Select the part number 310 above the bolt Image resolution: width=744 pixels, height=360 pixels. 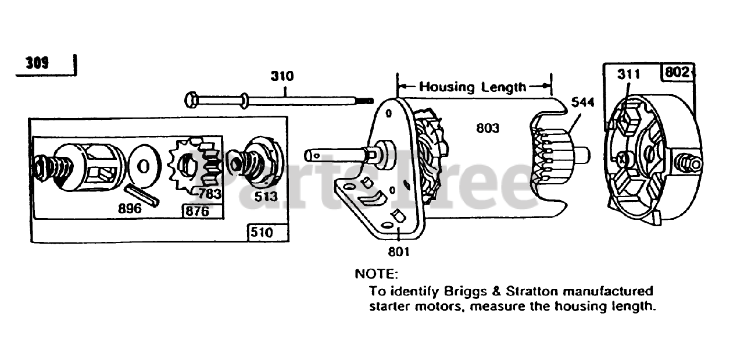(x=282, y=76)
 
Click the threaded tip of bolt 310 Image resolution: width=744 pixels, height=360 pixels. (x=366, y=101)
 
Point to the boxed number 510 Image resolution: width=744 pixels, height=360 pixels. (x=261, y=233)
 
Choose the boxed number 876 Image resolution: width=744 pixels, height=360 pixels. (x=196, y=211)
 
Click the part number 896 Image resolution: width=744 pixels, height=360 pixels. (x=130, y=208)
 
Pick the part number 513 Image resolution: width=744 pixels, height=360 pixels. (x=266, y=197)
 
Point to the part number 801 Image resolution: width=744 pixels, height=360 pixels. (x=399, y=251)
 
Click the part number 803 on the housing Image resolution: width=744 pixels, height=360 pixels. (x=487, y=128)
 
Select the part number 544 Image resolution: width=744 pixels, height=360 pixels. (x=582, y=103)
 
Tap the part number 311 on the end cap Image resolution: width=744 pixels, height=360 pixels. (x=628, y=74)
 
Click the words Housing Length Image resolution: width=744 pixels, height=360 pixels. (x=473, y=87)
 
